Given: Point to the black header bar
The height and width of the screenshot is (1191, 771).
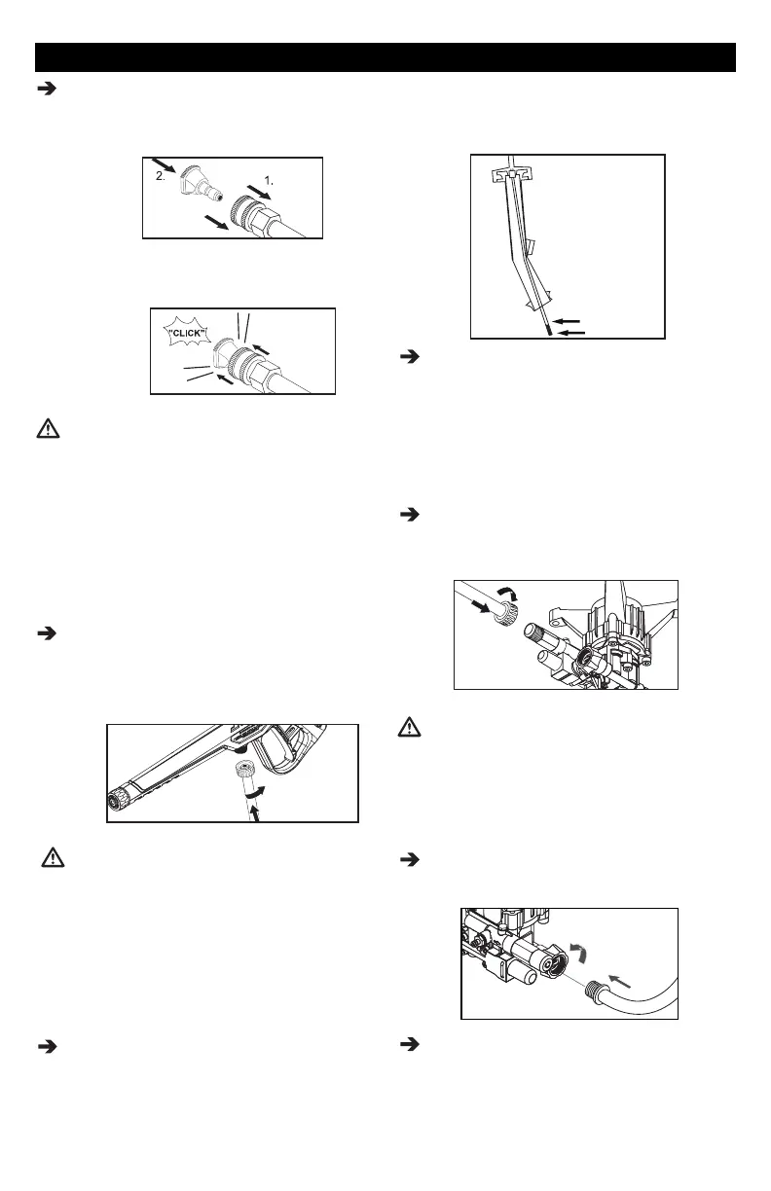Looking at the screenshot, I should coord(385,56).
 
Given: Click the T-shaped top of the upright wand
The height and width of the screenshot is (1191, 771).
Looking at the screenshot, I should coord(515,173).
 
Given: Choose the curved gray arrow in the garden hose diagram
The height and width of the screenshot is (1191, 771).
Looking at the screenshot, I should coord(576,947).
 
